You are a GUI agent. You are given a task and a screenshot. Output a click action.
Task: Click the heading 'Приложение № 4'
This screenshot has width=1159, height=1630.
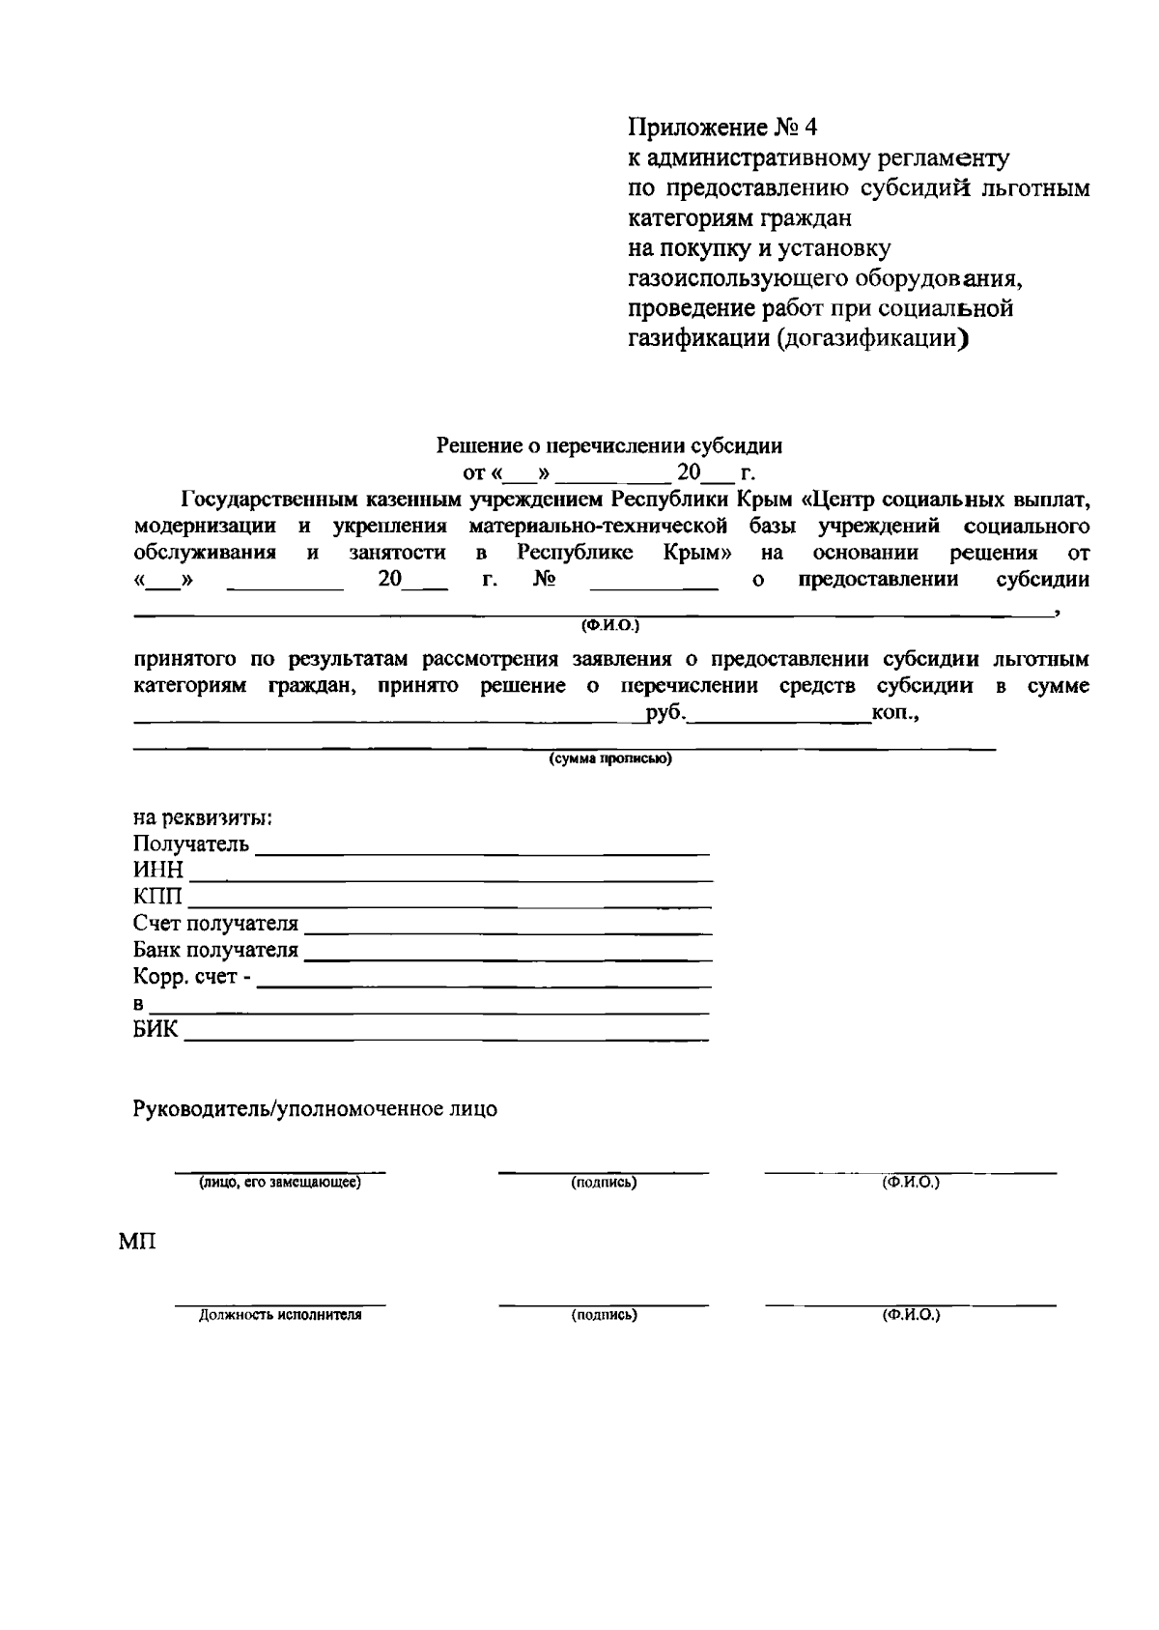pos(722,128)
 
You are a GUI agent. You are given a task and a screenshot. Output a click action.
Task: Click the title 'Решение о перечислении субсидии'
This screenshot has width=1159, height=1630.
pos(609,446)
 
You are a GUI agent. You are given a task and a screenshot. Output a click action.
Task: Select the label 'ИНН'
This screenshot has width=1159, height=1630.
pos(157,872)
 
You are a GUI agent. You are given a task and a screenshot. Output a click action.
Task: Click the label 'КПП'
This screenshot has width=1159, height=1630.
pos(157,899)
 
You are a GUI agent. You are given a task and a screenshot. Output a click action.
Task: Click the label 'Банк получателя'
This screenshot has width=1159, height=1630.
pos(215,951)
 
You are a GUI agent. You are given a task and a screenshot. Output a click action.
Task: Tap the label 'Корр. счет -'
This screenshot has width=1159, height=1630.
pos(192,978)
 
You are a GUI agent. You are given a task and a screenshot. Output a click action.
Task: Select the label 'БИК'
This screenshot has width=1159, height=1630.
pos(155,1030)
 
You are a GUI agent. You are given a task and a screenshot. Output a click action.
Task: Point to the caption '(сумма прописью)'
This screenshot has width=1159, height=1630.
pos(609,759)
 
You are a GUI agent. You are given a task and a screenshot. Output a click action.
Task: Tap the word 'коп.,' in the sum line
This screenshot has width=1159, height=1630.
pos(894,714)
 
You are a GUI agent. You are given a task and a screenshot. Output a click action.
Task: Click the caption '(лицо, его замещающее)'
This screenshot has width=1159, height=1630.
pos(279,1183)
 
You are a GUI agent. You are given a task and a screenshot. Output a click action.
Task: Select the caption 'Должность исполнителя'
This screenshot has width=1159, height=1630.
pos(279,1315)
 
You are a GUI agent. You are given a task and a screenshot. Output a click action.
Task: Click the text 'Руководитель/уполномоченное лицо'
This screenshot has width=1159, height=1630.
pos(315,1109)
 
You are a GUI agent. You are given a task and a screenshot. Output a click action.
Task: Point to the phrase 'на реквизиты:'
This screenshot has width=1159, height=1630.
pos(202,818)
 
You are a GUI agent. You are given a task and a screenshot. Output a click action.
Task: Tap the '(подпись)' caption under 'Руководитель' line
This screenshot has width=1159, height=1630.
pos(604,1183)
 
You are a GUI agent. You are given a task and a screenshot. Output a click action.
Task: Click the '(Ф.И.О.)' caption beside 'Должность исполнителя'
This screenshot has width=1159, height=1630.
pos(910,1315)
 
